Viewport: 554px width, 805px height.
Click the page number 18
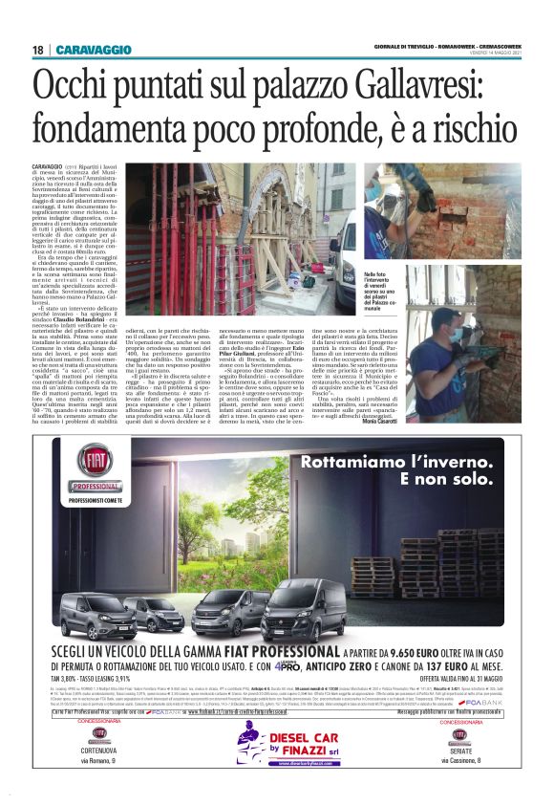(37, 50)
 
